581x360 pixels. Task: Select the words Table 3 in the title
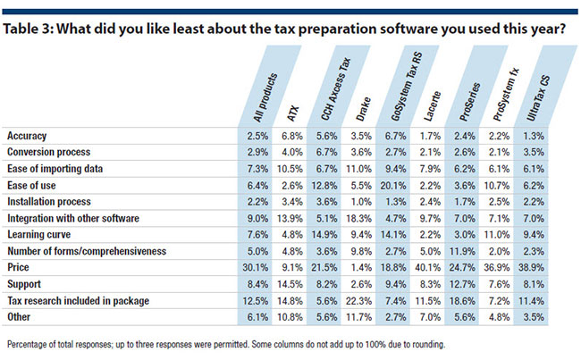(29, 29)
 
